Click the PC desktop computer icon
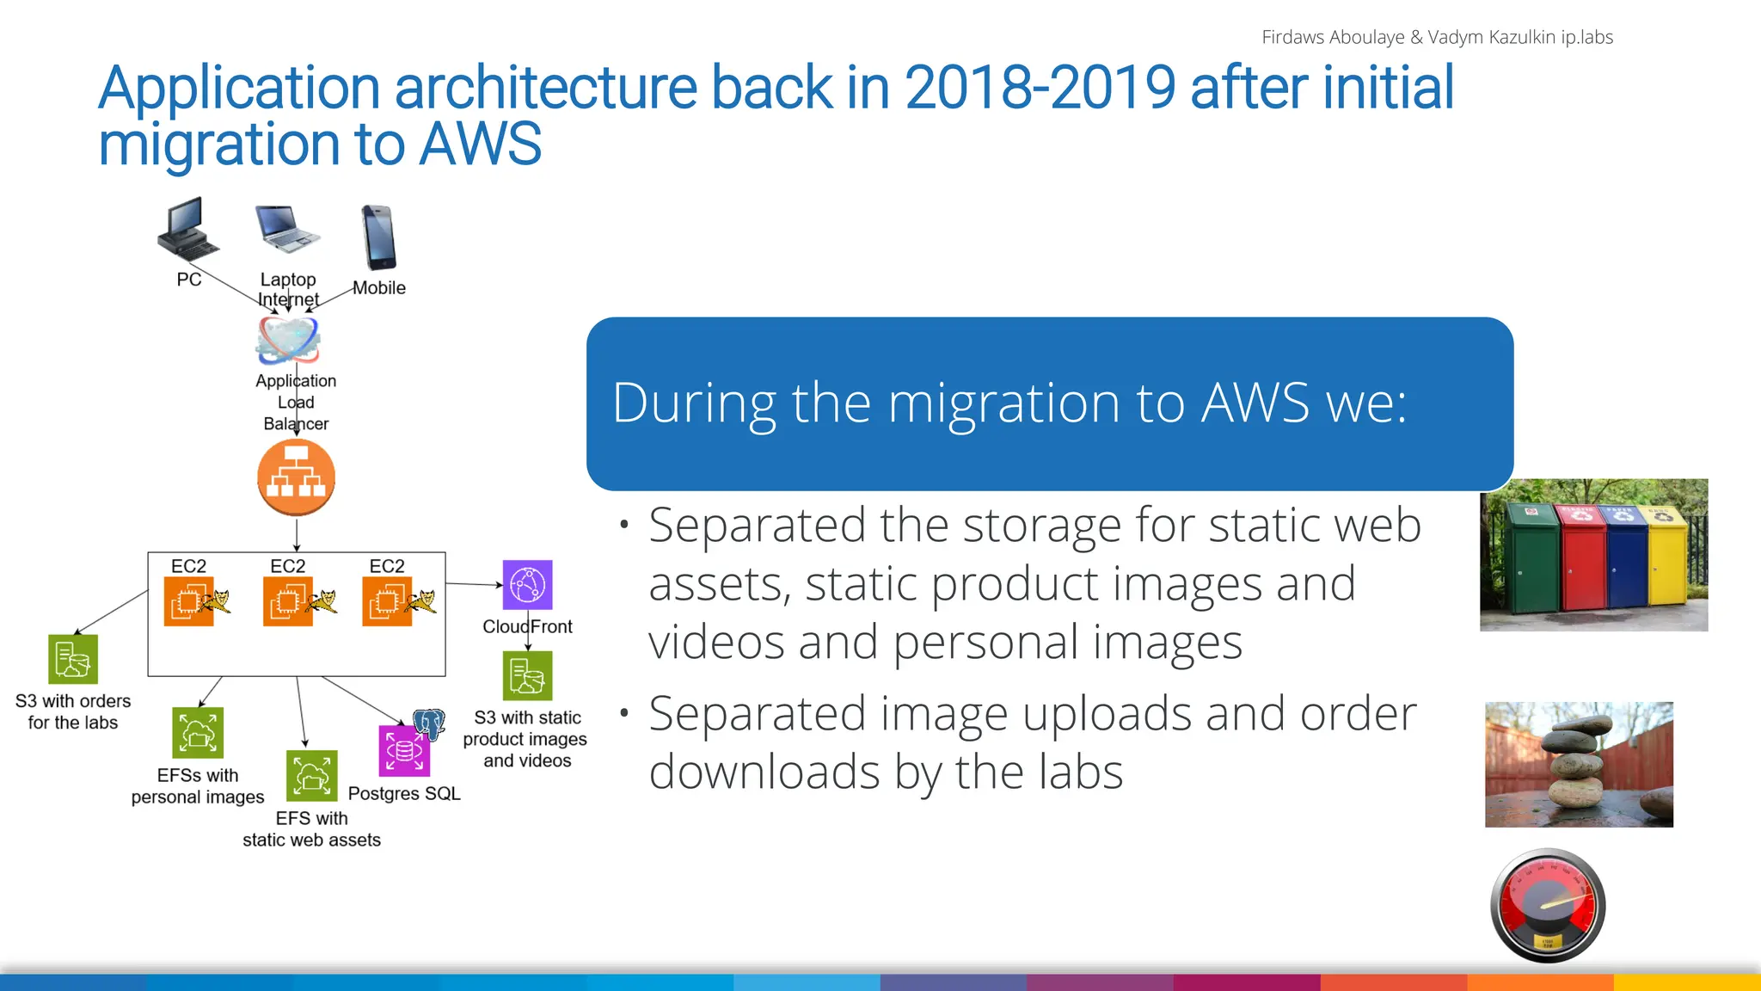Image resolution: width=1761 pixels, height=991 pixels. point(187,229)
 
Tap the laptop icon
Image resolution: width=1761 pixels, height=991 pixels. point(287,230)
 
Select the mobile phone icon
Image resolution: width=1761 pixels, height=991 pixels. point(378,238)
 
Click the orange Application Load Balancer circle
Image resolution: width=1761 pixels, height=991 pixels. point(296,477)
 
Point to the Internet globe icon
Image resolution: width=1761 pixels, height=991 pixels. point(289,340)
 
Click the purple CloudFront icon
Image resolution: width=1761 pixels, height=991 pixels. point(527,585)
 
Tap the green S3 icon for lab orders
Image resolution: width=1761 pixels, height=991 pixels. point(73,659)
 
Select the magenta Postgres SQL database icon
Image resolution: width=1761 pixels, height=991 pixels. point(404,750)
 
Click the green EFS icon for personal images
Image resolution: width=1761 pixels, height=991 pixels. point(198,733)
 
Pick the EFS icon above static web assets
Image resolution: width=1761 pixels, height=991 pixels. point(311,776)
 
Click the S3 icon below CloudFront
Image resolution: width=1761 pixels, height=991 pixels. point(527,675)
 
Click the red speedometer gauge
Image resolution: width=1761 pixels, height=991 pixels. point(1548,905)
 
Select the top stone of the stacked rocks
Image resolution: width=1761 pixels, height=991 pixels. point(1582,726)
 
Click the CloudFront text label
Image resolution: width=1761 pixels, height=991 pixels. point(527,626)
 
